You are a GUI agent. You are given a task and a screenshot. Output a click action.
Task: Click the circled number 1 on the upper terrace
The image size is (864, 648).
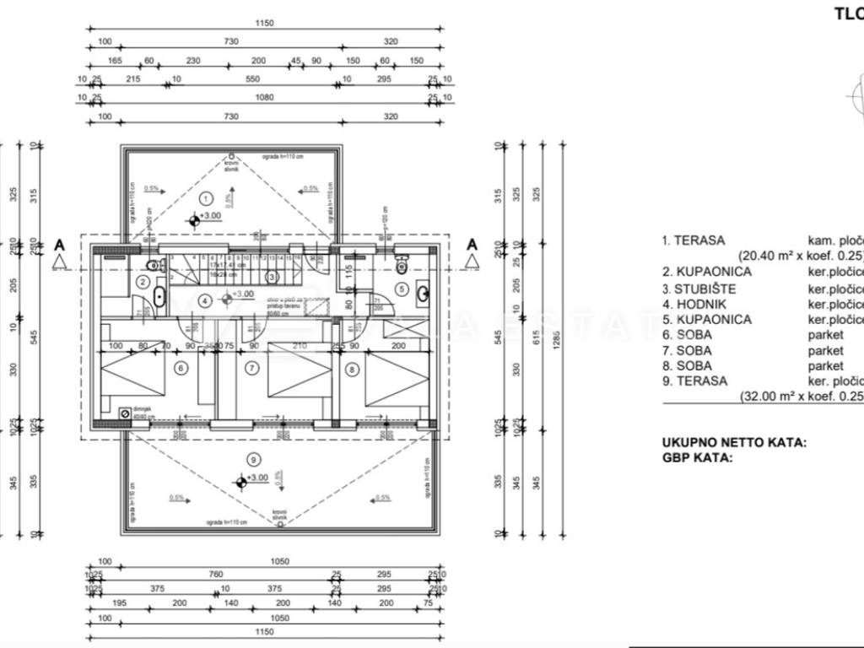(x=205, y=198)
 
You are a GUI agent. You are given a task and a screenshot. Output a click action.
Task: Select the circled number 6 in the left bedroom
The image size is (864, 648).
(x=180, y=367)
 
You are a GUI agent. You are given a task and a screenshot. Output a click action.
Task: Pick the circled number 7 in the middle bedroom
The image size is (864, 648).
(x=251, y=367)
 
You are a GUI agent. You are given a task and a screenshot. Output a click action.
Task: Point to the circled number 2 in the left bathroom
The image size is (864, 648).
(x=143, y=283)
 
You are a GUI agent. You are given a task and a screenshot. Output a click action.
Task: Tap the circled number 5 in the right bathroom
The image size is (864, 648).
(x=402, y=289)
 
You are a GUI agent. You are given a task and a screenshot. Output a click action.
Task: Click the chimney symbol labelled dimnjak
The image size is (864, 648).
(x=126, y=413)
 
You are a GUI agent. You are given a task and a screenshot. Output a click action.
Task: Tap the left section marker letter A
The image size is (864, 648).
(x=59, y=245)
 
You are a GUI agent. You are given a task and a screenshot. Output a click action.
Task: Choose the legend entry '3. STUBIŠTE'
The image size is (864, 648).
(x=699, y=289)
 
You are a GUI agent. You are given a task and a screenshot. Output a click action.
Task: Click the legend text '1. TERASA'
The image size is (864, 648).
(x=694, y=240)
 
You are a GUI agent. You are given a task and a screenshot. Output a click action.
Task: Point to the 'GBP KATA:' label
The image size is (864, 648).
(x=696, y=457)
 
